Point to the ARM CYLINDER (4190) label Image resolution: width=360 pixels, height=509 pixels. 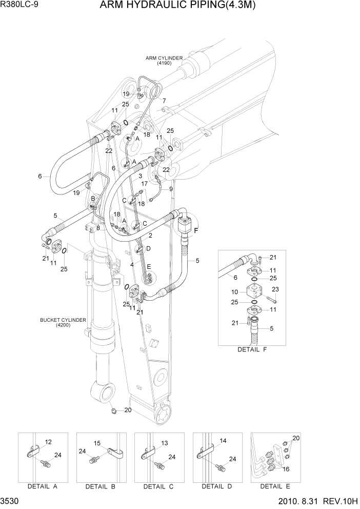[x=164, y=61]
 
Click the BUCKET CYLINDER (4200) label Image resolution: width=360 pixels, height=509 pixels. [x=63, y=322]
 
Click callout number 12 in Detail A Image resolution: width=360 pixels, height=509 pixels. [x=49, y=442]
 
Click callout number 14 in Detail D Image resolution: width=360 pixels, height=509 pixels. [x=223, y=441]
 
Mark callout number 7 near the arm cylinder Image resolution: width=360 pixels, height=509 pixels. [x=164, y=101]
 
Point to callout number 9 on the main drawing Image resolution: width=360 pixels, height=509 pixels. [x=170, y=188]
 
